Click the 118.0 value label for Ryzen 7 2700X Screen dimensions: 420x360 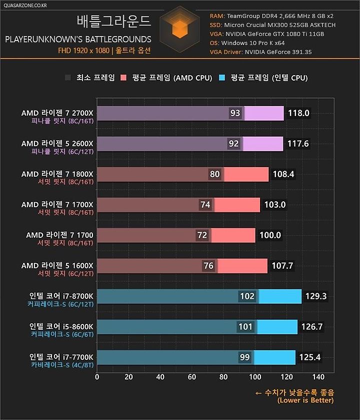(x=299, y=114)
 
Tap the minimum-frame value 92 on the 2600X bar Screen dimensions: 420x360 (x=233, y=144)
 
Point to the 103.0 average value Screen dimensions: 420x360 (x=275, y=205)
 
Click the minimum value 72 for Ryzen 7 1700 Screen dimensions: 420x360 (x=203, y=235)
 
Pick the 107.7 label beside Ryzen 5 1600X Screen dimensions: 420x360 (x=283, y=266)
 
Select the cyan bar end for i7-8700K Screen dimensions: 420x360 (x=280, y=296)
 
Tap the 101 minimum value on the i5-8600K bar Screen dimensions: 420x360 (x=245, y=327)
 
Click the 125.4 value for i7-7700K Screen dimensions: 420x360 (x=309, y=357)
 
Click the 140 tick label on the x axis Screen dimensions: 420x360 (x=318, y=377)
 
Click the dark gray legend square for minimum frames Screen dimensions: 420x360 (x=68, y=78)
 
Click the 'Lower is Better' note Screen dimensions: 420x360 (x=305, y=400)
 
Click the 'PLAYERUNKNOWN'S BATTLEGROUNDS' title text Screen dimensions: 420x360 (x=77, y=39)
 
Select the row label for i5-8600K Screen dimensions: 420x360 (x=61, y=327)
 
